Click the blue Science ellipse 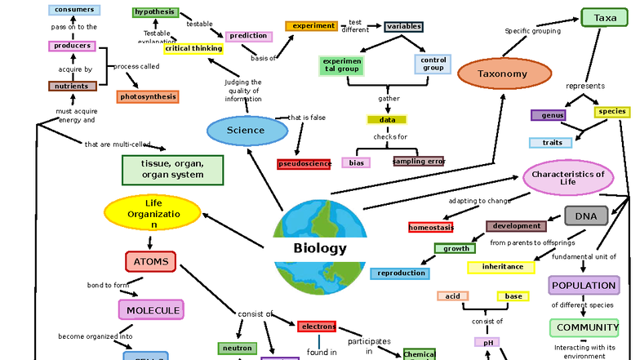coord(247,131)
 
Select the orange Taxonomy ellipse coord(503,74)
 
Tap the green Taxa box coord(605,18)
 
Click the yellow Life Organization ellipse coord(153,213)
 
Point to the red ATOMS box coord(150,262)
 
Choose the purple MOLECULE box coord(151,310)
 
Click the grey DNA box coord(586,216)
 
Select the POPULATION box coord(584,286)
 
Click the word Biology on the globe coord(320,249)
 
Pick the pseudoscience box coord(304,164)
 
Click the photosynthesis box coord(147,97)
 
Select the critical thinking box coord(193,49)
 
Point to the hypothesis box coord(155,12)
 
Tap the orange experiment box coord(311,26)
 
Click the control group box coord(433,64)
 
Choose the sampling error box coord(419,162)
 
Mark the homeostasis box coord(431,227)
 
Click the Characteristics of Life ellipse coord(567,178)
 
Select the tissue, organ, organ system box coord(172,170)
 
